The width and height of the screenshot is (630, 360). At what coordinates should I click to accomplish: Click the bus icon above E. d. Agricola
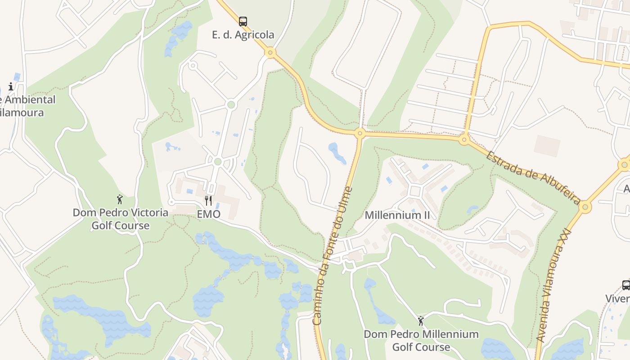pyautogui.click(x=243, y=21)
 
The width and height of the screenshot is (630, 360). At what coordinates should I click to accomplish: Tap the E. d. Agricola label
pyautogui.click(x=243, y=35)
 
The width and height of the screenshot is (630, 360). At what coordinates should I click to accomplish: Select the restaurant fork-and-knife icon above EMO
pyautogui.click(x=208, y=201)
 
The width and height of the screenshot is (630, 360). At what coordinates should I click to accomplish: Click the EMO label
pyautogui.click(x=209, y=214)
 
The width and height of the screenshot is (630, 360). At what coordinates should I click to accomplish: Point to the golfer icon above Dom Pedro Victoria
pyautogui.click(x=120, y=199)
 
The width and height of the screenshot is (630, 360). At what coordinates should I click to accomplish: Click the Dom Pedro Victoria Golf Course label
pyautogui.click(x=121, y=219)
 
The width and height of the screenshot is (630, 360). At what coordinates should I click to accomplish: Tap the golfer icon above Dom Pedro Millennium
pyautogui.click(x=421, y=321)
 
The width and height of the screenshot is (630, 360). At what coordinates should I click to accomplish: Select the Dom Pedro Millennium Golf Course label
pyautogui.click(x=421, y=341)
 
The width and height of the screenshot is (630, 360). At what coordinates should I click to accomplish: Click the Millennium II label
pyautogui.click(x=397, y=215)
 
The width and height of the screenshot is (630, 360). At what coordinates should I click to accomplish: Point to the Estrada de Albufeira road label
pyautogui.click(x=533, y=177)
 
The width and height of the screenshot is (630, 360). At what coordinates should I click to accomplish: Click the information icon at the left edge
pyautogui.click(x=11, y=86)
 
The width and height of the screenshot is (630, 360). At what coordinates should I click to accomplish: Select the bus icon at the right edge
pyautogui.click(x=626, y=285)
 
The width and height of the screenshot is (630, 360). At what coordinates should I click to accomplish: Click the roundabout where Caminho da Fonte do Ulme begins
pyautogui.click(x=360, y=133)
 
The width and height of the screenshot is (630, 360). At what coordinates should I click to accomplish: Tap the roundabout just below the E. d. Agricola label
pyautogui.click(x=270, y=53)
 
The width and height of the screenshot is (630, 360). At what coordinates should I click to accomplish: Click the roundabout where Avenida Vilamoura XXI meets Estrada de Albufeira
pyautogui.click(x=585, y=207)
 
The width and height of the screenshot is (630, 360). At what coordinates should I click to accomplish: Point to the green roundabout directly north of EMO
pyautogui.click(x=218, y=162)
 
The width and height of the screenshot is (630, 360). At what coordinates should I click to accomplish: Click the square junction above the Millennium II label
pyautogui.click(x=415, y=191)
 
